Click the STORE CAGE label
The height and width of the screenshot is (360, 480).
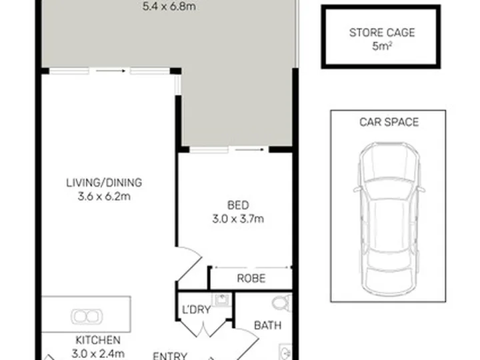pyautogui.click(x=382, y=33)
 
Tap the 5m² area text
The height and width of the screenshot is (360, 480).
pyautogui.click(x=382, y=46)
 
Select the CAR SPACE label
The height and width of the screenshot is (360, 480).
pyautogui.click(x=389, y=122)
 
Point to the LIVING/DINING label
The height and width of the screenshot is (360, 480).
pyautogui.click(x=104, y=183)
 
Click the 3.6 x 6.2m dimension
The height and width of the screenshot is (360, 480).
pyautogui.click(x=104, y=196)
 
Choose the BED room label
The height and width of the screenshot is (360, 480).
pyautogui.click(x=238, y=205)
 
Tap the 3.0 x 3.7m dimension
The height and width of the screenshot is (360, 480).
pyautogui.click(x=238, y=219)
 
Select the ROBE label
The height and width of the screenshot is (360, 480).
pyautogui.click(x=251, y=278)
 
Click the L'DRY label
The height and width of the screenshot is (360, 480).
pyautogui.click(x=196, y=310)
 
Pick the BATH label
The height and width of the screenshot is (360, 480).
pyautogui.click(x=267, y=325)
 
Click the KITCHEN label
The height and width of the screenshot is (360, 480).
pyautogui.click(x=98, y=340)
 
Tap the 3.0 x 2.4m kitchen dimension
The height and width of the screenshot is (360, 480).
pyautogui.click(x=98, y=354)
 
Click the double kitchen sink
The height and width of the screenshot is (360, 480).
pyautogui.click(x=87, y=316)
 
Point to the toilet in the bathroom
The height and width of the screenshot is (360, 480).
pyautogui.click(x=281, y=303)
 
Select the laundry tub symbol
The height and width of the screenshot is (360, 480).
pyautogui.click(x=221, y=300)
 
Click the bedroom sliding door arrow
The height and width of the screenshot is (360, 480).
pyautogui.click(x=249, y=150)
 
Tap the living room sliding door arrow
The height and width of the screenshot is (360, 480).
pyautogui.click(x=111, y=71)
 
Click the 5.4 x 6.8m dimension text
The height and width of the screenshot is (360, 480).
pyautogui.click(x=169, y=6)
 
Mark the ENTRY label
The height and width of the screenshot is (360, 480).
pyautogui.click(x=170, y=356)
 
